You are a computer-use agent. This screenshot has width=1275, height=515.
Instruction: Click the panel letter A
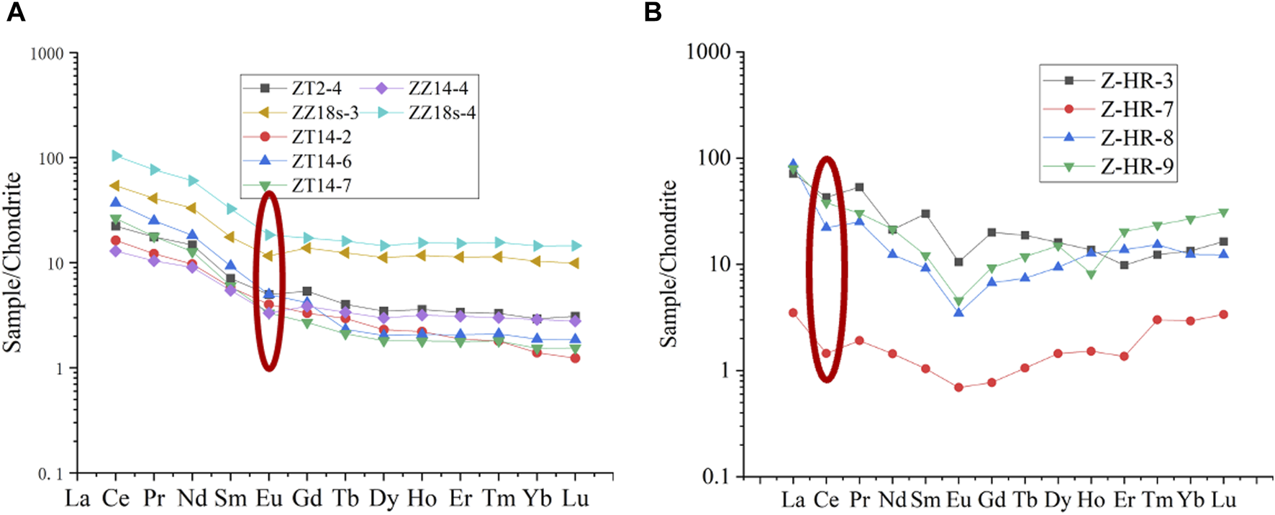click(15, 12)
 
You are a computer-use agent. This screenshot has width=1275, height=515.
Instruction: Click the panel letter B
click(653, 12)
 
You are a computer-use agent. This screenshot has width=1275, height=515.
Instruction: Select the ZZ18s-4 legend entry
click(442, 113)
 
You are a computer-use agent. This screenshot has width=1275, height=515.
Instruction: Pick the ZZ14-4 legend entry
click(438, 88)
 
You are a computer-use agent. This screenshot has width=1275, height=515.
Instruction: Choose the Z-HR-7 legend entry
click(1137, 109)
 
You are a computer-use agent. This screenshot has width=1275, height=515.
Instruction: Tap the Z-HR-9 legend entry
click(1137, 167)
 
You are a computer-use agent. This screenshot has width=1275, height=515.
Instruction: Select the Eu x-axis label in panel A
click(268, 498)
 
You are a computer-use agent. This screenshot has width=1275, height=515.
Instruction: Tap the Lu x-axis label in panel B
click(1223, 500)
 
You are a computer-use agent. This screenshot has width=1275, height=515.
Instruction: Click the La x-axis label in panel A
click(77, 498)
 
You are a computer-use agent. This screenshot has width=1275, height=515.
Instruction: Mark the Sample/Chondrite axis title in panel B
click(669, 263)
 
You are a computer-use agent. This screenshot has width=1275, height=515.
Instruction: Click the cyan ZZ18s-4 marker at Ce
click(116, 156)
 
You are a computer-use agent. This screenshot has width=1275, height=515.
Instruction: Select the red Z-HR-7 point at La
click(793, 313)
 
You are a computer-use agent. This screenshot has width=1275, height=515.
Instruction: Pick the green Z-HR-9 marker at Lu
click(1223, 213)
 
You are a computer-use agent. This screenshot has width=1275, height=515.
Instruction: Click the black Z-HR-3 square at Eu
click(958, 262)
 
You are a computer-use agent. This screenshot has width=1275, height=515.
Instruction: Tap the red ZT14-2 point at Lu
click(575, 357)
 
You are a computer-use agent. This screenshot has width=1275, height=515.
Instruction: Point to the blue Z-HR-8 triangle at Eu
click(958, 312)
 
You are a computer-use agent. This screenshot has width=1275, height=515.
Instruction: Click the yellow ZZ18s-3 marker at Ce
click(115, 186)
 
